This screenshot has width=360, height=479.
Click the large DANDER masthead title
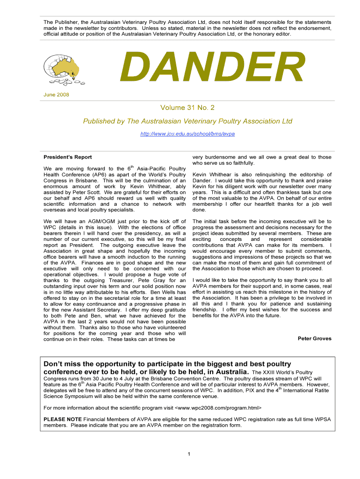pos(212,68)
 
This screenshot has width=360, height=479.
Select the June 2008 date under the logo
pos(56,95)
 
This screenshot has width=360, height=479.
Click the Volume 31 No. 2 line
pos(187,108)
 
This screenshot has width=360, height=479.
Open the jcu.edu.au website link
pos(187,134)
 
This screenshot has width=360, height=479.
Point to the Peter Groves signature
pos(314,338)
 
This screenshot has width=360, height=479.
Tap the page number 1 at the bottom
pos(187,454)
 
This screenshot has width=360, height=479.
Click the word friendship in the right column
pos(206,310)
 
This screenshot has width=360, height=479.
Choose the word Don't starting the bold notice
pos(55,364)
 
